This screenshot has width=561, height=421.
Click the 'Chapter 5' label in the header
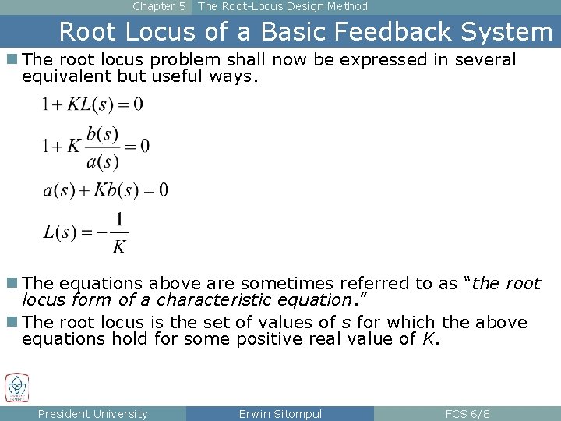159,6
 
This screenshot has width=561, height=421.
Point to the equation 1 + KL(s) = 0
93,104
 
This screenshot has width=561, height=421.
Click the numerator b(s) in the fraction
103,134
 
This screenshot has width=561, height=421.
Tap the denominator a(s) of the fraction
103,161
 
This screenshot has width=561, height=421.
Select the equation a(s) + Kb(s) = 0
105,189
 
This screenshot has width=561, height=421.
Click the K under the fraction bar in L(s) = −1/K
118,247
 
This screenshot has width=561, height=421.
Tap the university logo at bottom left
16,387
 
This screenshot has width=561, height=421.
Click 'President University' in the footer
93,414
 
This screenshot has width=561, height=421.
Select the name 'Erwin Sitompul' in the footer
280,414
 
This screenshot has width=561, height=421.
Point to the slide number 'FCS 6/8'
467,414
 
